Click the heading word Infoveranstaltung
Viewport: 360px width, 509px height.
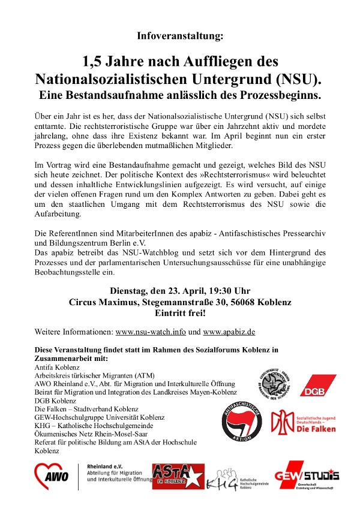pyautogui.click(x=180, y=36)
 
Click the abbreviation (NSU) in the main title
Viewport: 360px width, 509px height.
pyautogui.click(x=298, y=79)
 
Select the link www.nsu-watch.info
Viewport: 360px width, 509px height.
pyautogui.click(x=151, y=331)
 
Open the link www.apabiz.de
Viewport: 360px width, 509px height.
pyautogui.click(x=230, y=331)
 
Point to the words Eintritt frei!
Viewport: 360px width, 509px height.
pyautogui.click(x=180, y=313)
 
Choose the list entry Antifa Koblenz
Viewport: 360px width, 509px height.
pyautogui.click(x=57, y=367)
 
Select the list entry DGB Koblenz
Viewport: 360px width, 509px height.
pyautogui.click(x=56, y=400)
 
